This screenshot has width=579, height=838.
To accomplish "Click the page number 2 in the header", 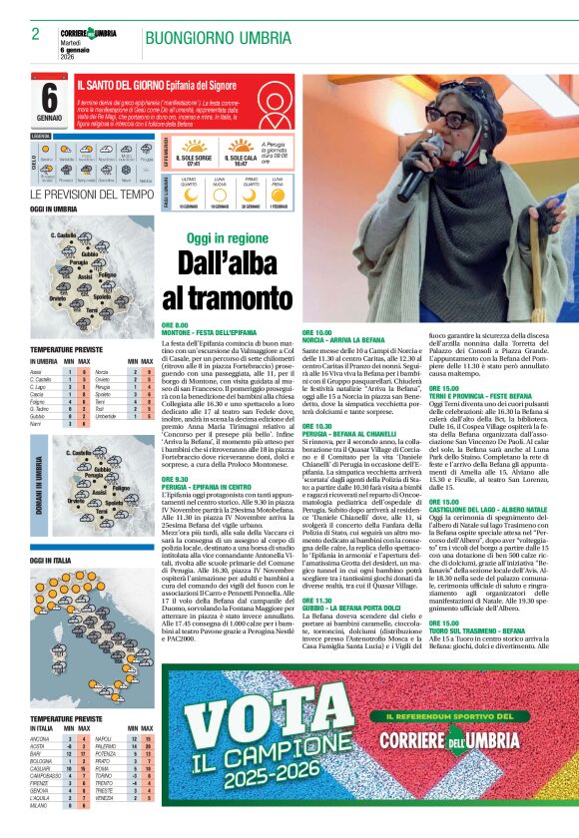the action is (x=35, y=33).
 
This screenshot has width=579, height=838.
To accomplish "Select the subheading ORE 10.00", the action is (x=316, y=331).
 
